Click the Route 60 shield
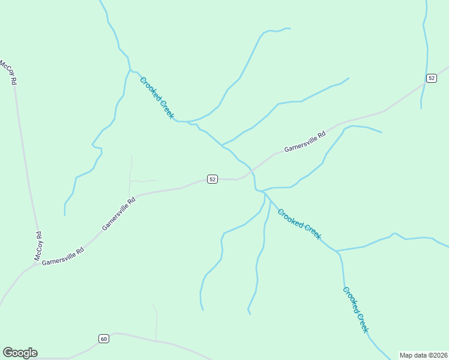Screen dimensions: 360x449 click(104, 339)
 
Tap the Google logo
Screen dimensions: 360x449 click(20, 353)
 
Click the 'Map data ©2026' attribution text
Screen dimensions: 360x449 click(423, 355)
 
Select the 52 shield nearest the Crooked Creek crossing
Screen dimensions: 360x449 click(212, 179)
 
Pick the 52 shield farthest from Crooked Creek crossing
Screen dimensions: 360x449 click(432, 79)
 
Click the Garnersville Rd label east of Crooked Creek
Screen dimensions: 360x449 click(304, 142)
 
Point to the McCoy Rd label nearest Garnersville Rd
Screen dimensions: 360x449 click(38, 245)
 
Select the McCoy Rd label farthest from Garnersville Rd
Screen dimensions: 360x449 click(7, 72)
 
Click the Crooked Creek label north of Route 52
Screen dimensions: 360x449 click(157, 98)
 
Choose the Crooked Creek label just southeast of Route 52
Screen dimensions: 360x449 click(300, 224)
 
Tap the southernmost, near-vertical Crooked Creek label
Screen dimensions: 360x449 click(355, 309)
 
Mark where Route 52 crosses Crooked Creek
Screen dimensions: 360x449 click(253, 171)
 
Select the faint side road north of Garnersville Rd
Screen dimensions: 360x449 click(131, 174)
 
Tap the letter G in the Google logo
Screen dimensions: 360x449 click(8, 353)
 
